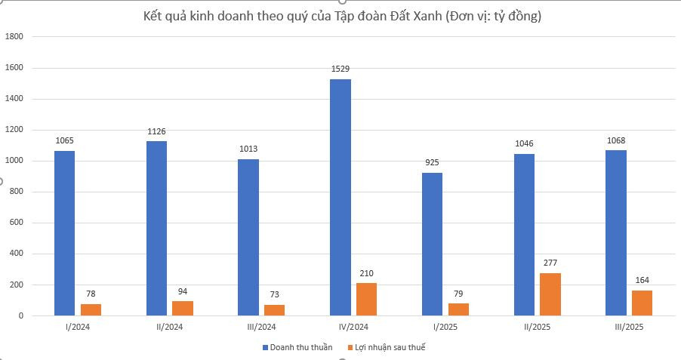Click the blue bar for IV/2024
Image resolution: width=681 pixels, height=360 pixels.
tap(340, 197)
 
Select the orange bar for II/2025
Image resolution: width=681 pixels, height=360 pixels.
tap(550, 294)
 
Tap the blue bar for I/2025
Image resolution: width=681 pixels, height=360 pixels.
tap(433, 244)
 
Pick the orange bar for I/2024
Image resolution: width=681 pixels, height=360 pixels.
tap(91, 309)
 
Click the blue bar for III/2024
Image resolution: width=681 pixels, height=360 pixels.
tap(248, 237)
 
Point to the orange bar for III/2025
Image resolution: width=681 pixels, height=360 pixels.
tap(642, 303)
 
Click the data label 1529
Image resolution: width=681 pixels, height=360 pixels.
tap(340, 69)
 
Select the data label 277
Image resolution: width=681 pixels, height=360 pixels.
tap(550, 263)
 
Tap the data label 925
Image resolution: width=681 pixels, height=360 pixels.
tap(433, 162)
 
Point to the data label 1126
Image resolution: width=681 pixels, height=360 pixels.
tap(156, 131)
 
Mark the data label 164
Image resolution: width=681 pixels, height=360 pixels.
tap(642, 280)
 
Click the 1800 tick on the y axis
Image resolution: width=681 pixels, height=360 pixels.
tap(15, 36)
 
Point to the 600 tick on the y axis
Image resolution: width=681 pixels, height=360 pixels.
tap(17, 223)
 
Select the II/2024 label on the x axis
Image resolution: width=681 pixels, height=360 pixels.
tap(169, 328)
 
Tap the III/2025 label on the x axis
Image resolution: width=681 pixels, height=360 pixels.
tap(629, 328)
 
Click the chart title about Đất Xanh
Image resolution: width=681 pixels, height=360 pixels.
tap(342, 16)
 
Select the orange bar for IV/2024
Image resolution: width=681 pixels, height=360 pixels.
tap(366, 300)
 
